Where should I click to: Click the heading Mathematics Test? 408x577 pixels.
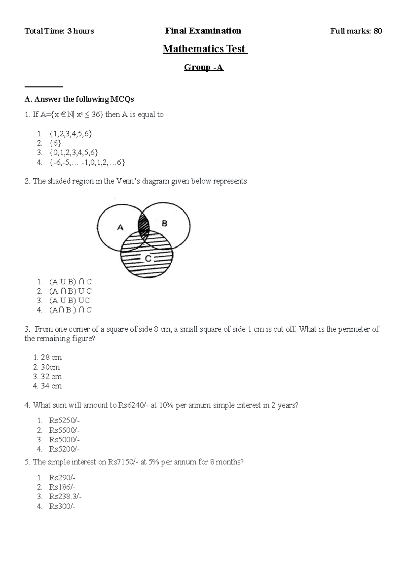click(205, 49)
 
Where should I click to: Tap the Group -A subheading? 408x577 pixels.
click(204, 67)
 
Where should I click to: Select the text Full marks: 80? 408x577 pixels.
click(356, 31)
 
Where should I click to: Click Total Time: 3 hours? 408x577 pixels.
click(59, 31)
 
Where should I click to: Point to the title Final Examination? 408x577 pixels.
click(203, 31)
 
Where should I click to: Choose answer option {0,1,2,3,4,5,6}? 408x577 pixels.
click(73, 153)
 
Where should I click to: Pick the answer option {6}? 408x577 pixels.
click(55, 143)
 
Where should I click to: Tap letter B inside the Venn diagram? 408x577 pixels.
click(165, 224)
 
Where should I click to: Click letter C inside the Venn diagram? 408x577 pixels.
click(148, 259)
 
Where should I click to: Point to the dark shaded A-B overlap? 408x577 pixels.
click(143, 225)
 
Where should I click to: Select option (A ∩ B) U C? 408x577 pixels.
click(70, 291)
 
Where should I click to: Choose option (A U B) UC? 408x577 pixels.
click(69, 301)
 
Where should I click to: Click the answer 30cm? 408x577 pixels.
click(50, 367)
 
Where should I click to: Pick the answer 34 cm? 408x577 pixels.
click(51, 386)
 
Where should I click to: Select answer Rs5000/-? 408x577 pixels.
click(64, 440)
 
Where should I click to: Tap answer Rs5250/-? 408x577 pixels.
click(64, 421)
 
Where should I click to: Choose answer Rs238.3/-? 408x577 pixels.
click(65, 497)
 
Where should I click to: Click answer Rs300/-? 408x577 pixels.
click(62, 506)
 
